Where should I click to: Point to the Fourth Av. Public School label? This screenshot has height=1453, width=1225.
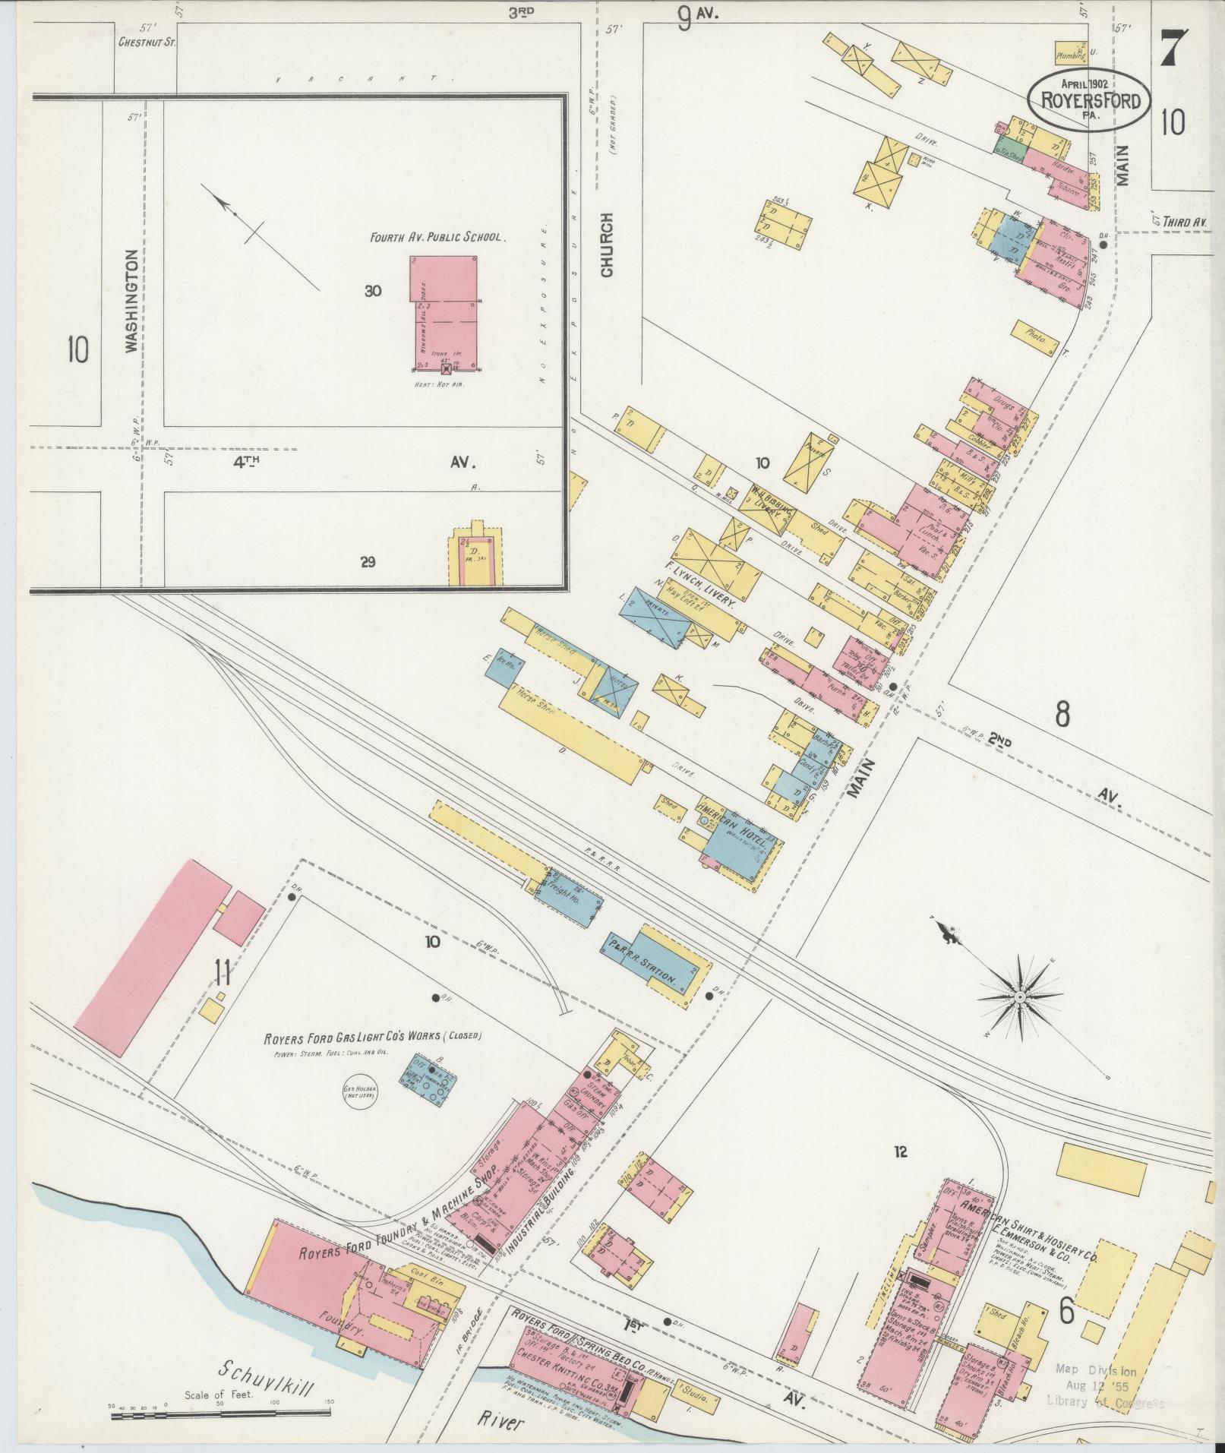(436, 237)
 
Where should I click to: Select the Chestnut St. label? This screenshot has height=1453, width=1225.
(147, 43)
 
